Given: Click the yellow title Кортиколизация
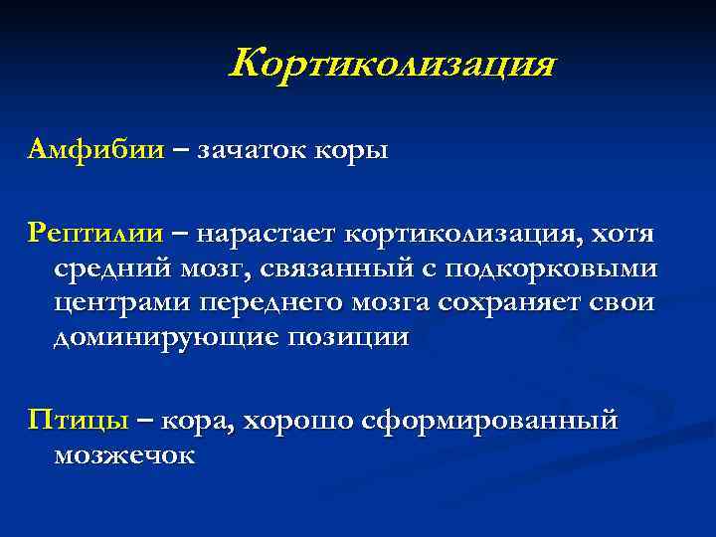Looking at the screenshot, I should pyautogui.click(x=392, y=66).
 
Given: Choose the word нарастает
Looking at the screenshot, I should pyautogui.click(x=267, y=235).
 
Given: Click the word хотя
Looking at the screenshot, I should pyautogui.click(x=622, y=235).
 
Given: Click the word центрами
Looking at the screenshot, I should pyautogui.click(x=120, y=303).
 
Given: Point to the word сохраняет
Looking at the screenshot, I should pyautogui.click(x=519, y=302).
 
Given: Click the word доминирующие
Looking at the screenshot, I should pyautogui.click(x=163, y=337).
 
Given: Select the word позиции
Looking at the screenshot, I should pyautogui.click(x=348, y=337).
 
